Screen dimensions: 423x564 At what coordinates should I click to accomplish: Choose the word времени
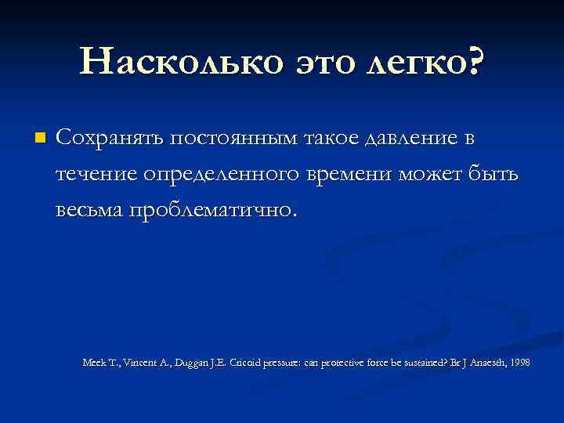pos(352,175)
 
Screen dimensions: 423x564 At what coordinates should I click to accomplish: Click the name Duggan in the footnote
pos(201,363)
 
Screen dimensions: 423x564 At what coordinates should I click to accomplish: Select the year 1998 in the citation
pos(518,363)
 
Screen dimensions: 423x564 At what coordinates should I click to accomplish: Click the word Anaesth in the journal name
pos(477,363)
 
